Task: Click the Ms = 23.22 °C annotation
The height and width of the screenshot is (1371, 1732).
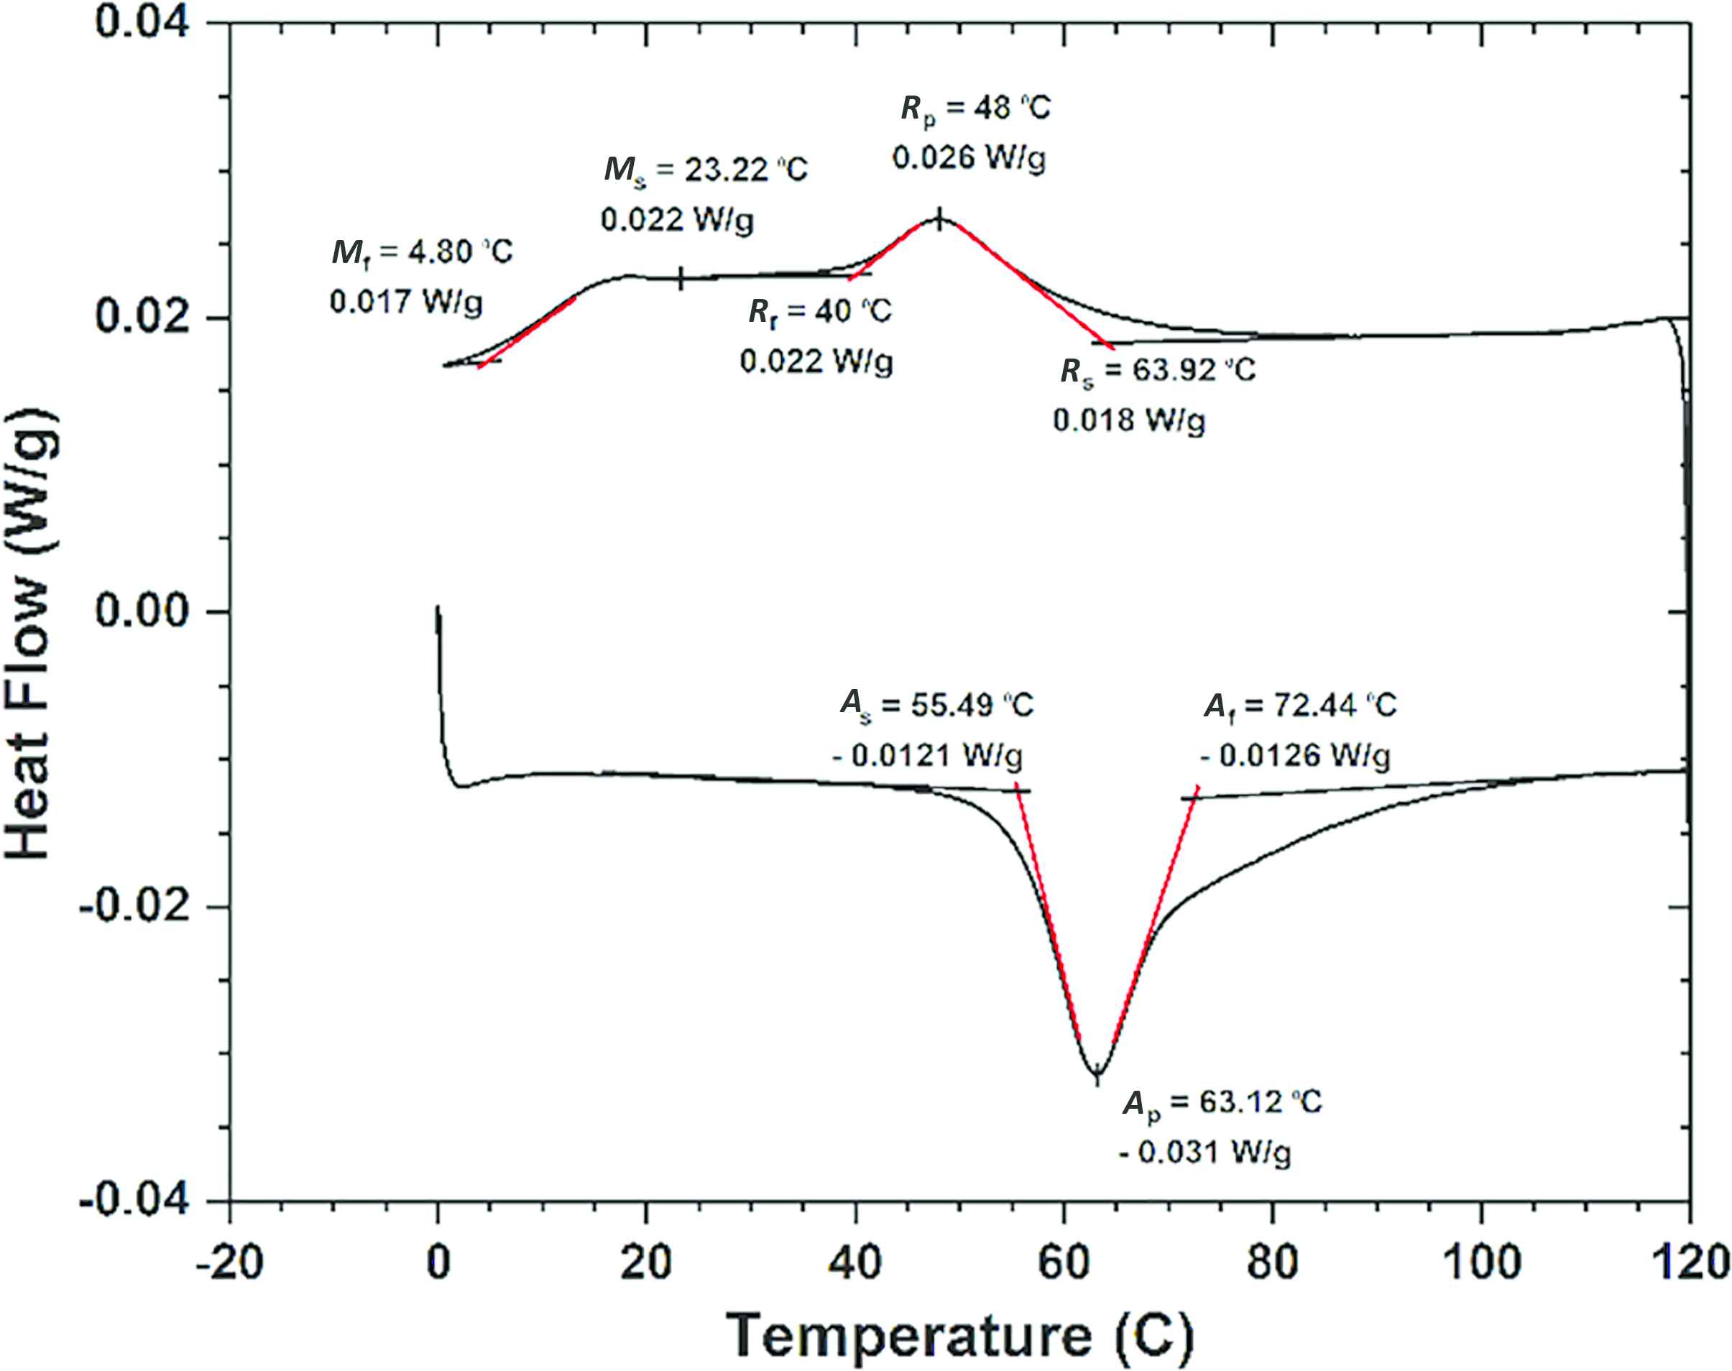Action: click(706, 170)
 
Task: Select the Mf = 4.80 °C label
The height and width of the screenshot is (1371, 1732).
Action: click(422, 253)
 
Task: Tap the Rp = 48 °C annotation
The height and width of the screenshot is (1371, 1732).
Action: click(975, 109)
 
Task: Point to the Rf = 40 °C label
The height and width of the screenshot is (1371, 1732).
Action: click(819, 311)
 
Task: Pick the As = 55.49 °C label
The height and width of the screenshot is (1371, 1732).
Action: click(936, 705)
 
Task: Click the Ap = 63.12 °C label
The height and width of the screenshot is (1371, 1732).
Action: click(1222, 1102)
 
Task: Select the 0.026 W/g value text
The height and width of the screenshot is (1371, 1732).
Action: click(969, 158)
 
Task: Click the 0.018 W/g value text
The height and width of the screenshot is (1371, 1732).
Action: click(1128, 420)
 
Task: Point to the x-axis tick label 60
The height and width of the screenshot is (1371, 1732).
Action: click(1064, 1262)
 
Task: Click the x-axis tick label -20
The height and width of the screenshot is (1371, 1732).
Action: click(229, 1262)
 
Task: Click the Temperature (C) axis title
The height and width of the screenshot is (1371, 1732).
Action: click(960, 1336)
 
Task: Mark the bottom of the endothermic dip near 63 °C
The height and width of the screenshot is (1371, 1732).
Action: click(1097, 1074)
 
